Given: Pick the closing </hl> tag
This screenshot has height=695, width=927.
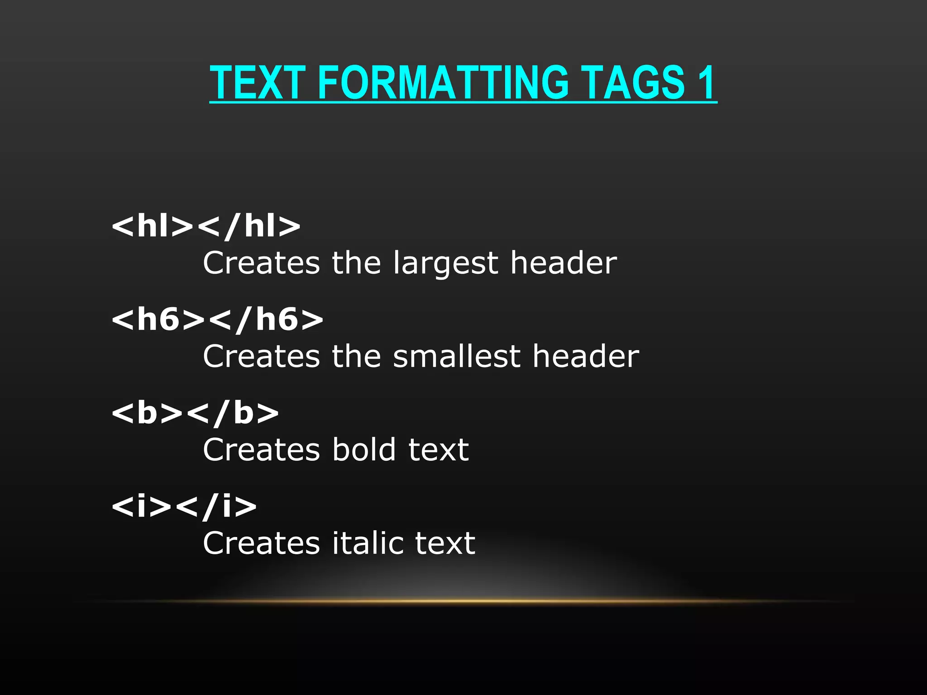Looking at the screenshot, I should [x=248, y=226].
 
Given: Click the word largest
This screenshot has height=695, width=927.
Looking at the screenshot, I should [x=445, y=263].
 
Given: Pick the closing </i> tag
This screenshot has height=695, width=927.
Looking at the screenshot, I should [x=215, y=505].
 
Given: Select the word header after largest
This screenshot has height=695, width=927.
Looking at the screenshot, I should [x=564, y=263].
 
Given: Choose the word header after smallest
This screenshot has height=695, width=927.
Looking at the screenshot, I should [x=586, y=356].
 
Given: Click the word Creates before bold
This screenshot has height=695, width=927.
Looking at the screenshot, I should [x=262, y=450].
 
